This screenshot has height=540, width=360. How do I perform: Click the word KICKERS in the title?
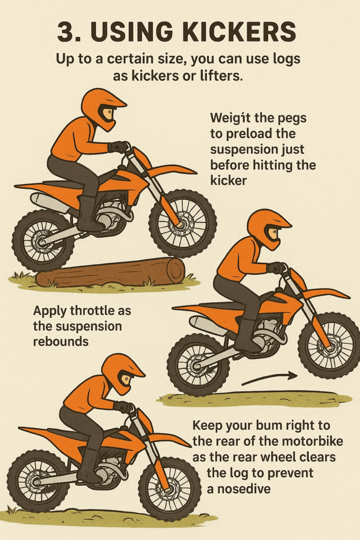pos(238,32)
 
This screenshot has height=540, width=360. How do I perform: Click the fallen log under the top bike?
pos(111,273)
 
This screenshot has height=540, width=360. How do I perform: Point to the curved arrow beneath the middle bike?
pos(269,379)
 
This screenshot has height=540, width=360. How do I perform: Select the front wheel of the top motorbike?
pos(183,223)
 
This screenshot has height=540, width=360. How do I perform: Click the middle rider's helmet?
pos(268,229)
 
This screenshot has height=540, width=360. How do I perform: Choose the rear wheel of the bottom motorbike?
pos(38,481)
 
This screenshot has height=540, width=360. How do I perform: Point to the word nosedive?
pos(244,488)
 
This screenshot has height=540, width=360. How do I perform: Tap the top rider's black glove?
pos(118,147)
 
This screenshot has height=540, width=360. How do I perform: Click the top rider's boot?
pos(88,214)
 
